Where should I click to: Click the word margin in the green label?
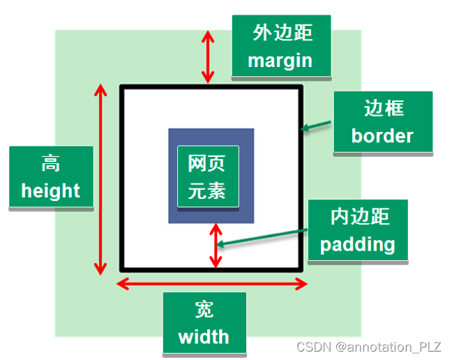[x=280, y=60]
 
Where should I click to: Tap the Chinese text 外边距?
[x=280, y=33]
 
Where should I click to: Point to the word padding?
[x=358, y=243]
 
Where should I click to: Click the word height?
[x=51, y=190]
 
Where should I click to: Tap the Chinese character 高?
[x=50, y=163]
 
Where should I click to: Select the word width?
[x=204, y=337]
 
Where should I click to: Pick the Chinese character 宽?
[x=204, y=310]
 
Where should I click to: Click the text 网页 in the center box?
[x=207, y=163]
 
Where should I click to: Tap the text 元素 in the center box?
[x=207, y=190]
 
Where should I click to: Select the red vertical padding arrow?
[x=216, y=245]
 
